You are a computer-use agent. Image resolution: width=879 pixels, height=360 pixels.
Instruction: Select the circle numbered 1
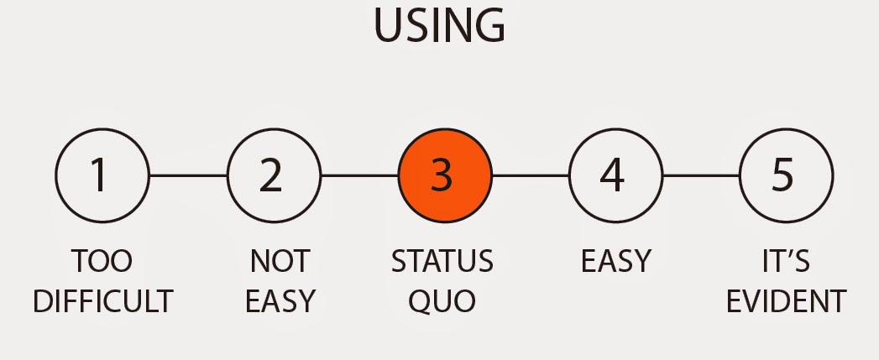point(102,175)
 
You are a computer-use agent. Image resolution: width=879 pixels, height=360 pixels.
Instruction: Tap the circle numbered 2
point(274,175)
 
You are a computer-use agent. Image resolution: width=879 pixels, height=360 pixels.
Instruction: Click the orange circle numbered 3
point(444,175)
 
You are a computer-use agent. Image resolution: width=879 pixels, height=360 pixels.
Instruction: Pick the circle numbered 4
point(615,175)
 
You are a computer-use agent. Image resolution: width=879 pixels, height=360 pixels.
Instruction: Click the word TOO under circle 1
point(102,262)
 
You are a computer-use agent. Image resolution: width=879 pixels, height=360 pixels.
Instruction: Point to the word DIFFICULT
point(102,300)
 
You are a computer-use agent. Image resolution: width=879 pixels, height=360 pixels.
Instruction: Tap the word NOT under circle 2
point(280,262)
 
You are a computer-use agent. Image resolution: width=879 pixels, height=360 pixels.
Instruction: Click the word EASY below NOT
point(280,300)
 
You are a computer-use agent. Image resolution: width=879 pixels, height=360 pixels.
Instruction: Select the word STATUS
point(442,262)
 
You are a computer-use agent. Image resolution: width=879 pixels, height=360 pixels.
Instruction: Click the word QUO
point(442,300)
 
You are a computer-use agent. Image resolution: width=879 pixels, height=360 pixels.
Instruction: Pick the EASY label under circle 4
point(615,262)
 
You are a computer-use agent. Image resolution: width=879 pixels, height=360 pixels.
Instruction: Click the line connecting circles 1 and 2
point(188,175)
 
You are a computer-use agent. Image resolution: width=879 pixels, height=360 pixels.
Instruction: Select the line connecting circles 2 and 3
point(359,175)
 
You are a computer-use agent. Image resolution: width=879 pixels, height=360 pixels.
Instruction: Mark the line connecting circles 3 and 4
point(530,175)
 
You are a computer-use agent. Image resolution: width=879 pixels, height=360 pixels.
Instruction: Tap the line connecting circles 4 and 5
point(701,175)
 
